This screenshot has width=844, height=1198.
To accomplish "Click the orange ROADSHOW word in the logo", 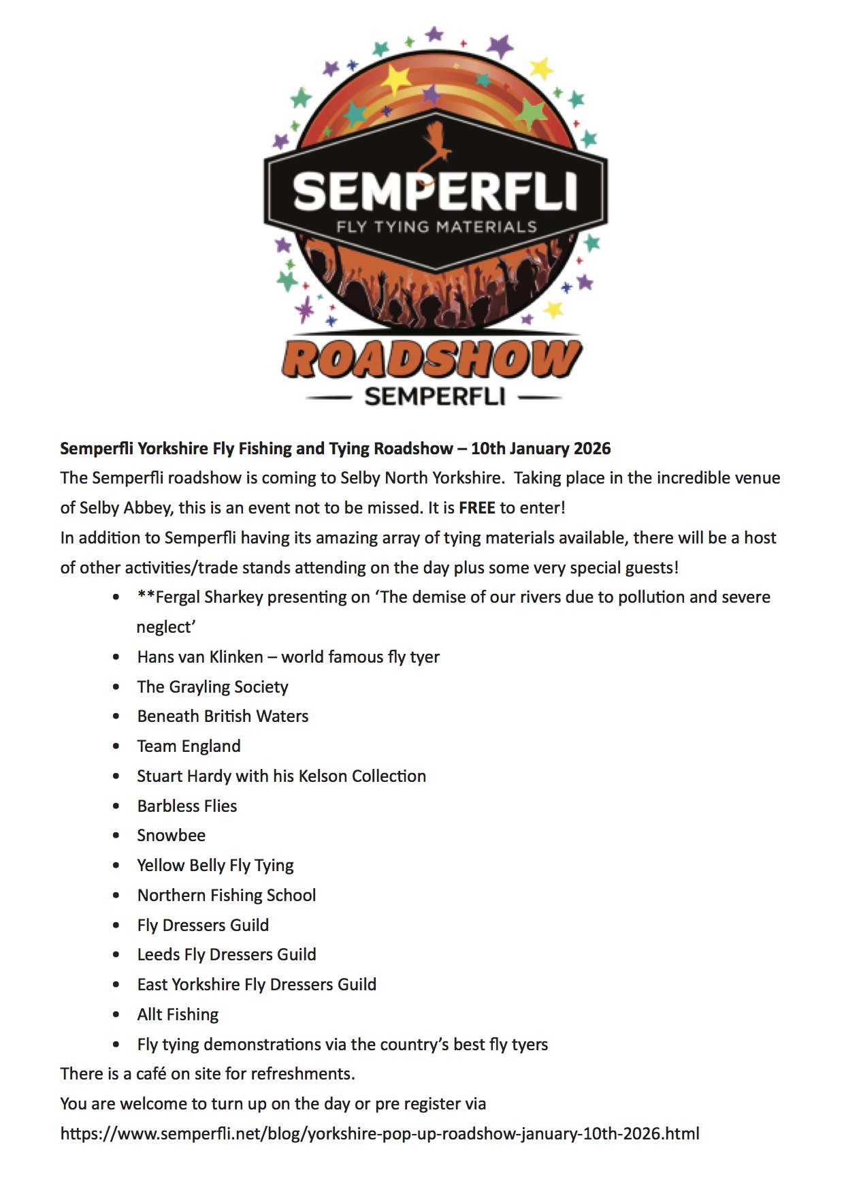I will (x=432, y=360).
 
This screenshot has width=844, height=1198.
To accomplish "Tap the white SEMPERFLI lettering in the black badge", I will (x=435, y=191).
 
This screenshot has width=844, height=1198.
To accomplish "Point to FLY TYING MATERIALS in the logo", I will (x=436, y=227).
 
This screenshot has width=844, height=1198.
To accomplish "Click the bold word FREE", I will (x=477, y=508).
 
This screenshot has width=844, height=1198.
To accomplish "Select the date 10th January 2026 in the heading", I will (x=540, y=449).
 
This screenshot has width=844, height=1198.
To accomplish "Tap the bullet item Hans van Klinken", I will (x=200, y=657).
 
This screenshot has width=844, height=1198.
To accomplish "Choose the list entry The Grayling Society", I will (x=212, y=687).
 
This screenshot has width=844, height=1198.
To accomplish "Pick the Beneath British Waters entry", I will (x=223, y=716).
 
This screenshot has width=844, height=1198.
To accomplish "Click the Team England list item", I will (x=189, y=746).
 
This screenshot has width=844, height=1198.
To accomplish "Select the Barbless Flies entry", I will (x=187, y=806).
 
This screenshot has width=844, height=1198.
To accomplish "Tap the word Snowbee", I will (x=171, y=836).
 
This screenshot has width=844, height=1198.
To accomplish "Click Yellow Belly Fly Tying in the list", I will (x=215, y=866).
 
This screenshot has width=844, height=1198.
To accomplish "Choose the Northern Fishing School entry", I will (x=227, y=896).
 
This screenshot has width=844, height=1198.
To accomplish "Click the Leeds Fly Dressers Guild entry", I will (x=227, y=955).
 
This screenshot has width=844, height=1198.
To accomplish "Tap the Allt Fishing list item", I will (x=178, y=1015).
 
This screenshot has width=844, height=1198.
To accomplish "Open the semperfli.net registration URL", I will (x=380, y=1134).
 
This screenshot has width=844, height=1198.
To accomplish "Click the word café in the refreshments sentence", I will (x=150, y=1074).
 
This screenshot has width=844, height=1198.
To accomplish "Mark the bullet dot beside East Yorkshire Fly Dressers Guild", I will (x=116, y=985).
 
